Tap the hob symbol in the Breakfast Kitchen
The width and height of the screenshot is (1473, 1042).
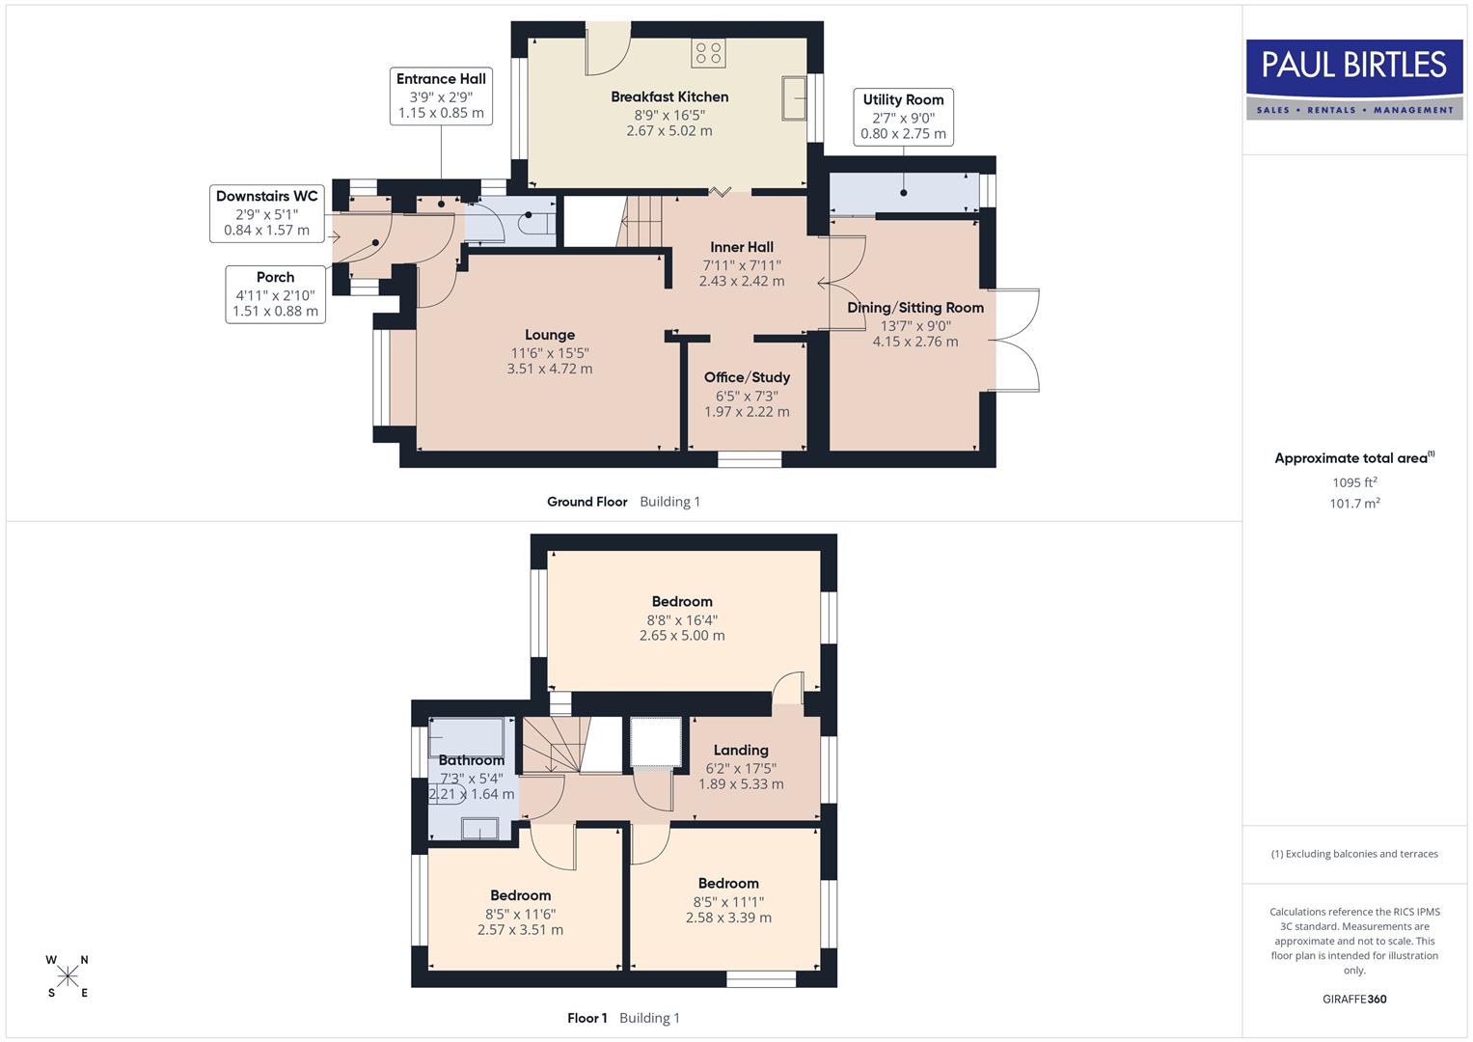[708, 53]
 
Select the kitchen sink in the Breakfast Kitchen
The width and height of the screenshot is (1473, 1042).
[795, 97]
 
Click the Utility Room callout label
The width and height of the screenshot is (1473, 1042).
[903, 117]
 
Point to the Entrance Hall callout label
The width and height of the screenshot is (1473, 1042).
[441, 96]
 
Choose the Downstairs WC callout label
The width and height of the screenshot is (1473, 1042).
[266, 213]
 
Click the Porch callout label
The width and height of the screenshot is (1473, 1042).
[275, 293]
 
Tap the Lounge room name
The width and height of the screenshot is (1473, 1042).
[550, 335]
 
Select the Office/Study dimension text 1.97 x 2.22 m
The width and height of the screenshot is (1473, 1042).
[747, 412]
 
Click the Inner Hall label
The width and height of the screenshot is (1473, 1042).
[742, 247]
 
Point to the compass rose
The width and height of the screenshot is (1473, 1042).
[68, 975]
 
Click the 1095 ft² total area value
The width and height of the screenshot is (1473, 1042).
[1354, 482]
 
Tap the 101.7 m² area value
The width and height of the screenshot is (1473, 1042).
[1354, 504]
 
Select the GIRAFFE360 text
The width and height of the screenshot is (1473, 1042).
[1354, 1000]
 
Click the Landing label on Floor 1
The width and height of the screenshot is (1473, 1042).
[741, 751]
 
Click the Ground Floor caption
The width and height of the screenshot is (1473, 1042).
[586, 502]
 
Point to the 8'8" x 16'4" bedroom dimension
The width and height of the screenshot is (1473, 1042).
[682, 620]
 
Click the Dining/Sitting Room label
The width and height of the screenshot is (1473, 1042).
[915, 308]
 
